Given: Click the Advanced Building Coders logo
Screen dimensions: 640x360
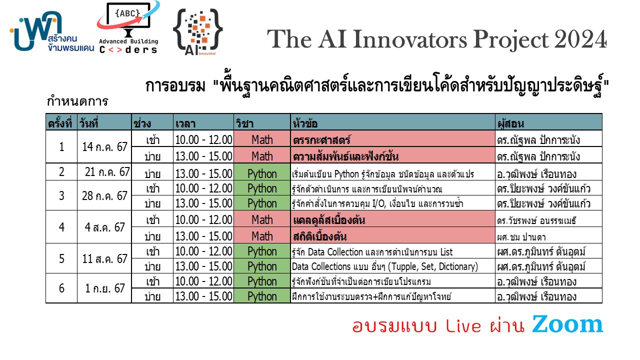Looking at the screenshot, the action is (128, 27).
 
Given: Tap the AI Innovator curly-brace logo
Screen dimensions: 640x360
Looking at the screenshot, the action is (197, 32).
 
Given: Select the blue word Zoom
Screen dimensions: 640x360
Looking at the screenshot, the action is (567, 324).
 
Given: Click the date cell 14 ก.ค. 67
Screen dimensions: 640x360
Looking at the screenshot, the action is (104, 147).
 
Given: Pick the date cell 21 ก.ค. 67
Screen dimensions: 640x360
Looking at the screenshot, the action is (107, 172).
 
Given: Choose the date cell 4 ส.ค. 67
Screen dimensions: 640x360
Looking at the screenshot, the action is (104, 227).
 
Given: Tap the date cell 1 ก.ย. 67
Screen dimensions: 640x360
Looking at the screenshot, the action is (104, 288).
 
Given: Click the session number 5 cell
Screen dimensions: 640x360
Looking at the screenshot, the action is (61, 258).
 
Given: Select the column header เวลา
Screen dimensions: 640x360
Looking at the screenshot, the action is (185, 123).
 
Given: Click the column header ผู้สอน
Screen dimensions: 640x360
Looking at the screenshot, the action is (511, 123).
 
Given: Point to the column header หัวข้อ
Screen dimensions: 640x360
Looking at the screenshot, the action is (305, 123).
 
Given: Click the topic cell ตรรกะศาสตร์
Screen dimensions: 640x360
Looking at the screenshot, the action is (321, 140).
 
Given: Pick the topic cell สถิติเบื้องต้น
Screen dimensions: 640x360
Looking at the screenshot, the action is (319, 236).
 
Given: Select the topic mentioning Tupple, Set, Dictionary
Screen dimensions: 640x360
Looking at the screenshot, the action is (385, 266).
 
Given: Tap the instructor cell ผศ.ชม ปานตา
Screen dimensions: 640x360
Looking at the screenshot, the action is (521, 237).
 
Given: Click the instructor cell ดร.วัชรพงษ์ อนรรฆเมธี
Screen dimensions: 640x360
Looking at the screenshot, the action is (536, 220).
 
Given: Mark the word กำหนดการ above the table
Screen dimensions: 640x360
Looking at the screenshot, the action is (77, 101).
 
